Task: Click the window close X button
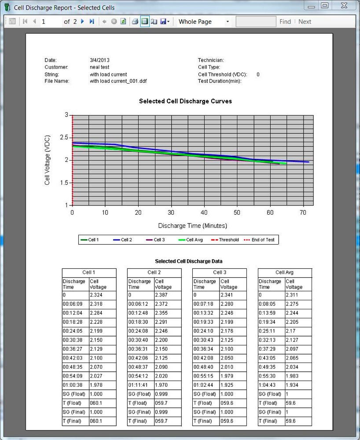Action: point(344,6)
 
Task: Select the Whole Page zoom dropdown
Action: point(203,22)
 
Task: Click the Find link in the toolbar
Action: point(285,22)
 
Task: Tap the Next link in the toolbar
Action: point(305,22)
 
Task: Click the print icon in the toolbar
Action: point(135,22)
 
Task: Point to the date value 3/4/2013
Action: point(99,60)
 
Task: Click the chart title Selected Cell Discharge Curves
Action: point(185,101)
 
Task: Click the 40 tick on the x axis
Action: point(204,213)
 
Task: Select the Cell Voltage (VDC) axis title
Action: point(48,160)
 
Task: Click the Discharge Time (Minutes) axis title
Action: point(192,226)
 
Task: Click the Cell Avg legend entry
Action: point(194,240)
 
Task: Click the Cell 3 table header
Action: point(219,273)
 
